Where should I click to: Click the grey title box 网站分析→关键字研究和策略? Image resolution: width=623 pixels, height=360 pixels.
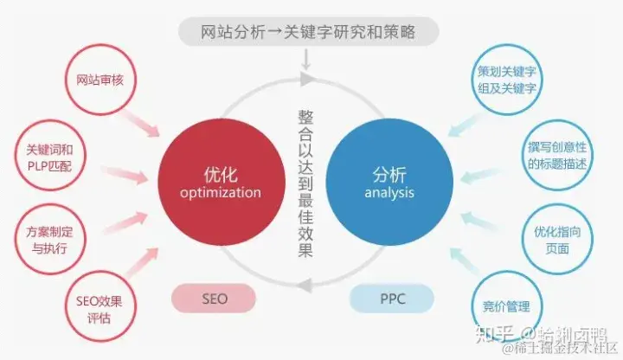pyautogui.click(x=309, y=32)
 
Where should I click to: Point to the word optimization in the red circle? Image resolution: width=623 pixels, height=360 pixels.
pyautogui.click(x=220, y=192)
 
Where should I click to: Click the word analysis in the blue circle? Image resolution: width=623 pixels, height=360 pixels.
pyautogui.click(x=389, y=192)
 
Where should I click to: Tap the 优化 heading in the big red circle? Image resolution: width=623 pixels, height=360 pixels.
pyautogui.click(x=220, y=170)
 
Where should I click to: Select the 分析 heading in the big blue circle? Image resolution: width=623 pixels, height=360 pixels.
pyautogui.click(x=389, y=170)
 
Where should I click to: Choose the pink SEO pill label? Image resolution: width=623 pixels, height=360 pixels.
pyautogui.click(x=215, y=299)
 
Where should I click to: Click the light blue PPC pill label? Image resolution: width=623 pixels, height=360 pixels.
pyautogui.click(x=391, y=299)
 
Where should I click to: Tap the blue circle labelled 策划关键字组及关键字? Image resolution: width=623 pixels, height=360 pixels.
pyautogui.click(x=506, y=79)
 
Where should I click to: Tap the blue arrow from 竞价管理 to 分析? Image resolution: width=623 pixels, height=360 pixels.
pyautogui.click(x=457, y=257)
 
